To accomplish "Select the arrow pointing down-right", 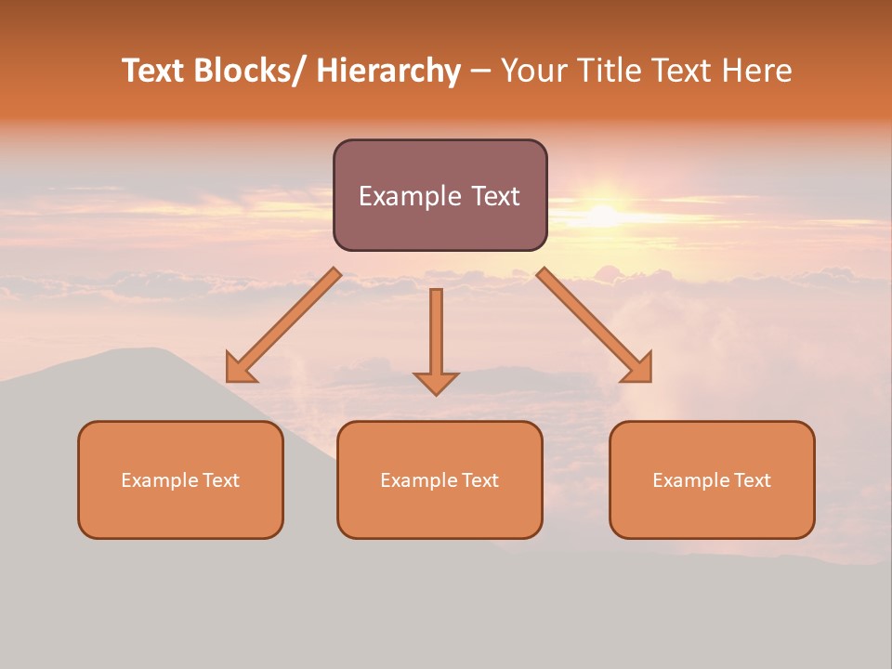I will [x=596, y=326].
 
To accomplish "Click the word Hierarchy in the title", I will [x=388, y=71].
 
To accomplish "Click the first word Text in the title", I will [x=155, y=71].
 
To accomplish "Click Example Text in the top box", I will [x=439, y=196].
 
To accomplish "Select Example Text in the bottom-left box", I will [x=180, y=480].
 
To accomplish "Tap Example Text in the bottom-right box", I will [x=712, y=480].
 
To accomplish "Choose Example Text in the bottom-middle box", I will [x=439, y=480].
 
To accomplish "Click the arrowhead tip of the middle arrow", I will [x=436, y=394].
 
